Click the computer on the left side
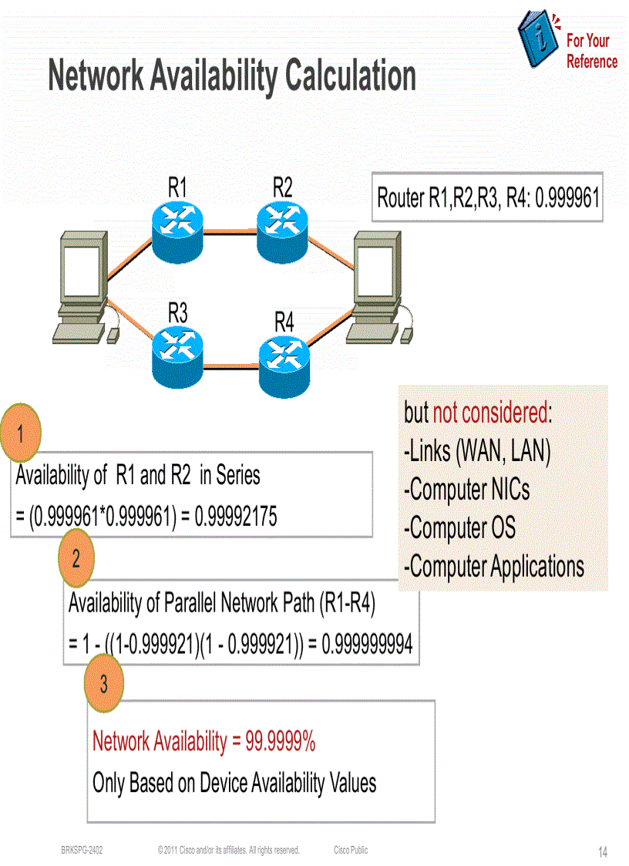click(80, 288)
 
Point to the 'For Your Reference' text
click(591, 51)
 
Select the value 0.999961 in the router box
click(567, 198)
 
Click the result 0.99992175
click(236, 517)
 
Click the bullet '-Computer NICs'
click(466, 489)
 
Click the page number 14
click(602, 852)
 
